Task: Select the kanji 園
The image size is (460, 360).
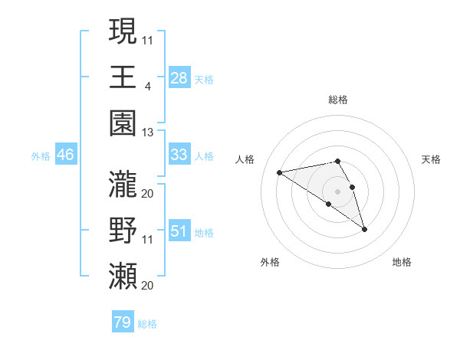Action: (x=123, y=123)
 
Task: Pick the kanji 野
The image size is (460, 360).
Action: (x=123, y=231)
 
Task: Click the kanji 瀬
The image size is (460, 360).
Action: (x=123, y=277)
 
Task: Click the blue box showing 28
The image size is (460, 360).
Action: (x=179, y=78)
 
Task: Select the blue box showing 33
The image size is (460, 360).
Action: (x=179, y=155)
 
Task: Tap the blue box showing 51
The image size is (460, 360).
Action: (x=179, y=231)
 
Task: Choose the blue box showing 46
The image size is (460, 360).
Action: (x=66, y=155)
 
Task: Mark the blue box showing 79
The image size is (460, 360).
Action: (x=122, y=322)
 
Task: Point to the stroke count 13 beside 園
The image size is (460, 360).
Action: (x=147, y=132)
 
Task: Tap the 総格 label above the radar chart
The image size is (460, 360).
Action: (x=338, y=100)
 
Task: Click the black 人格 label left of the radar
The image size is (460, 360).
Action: (x=245, y=159)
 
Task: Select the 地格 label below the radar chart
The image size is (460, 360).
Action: (x=402, y=263)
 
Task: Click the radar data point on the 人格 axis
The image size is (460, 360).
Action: (x=280, y=172)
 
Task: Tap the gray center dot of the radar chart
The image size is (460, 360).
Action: (x=338, y=191)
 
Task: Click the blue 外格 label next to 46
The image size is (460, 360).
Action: (x=41, y=156)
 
